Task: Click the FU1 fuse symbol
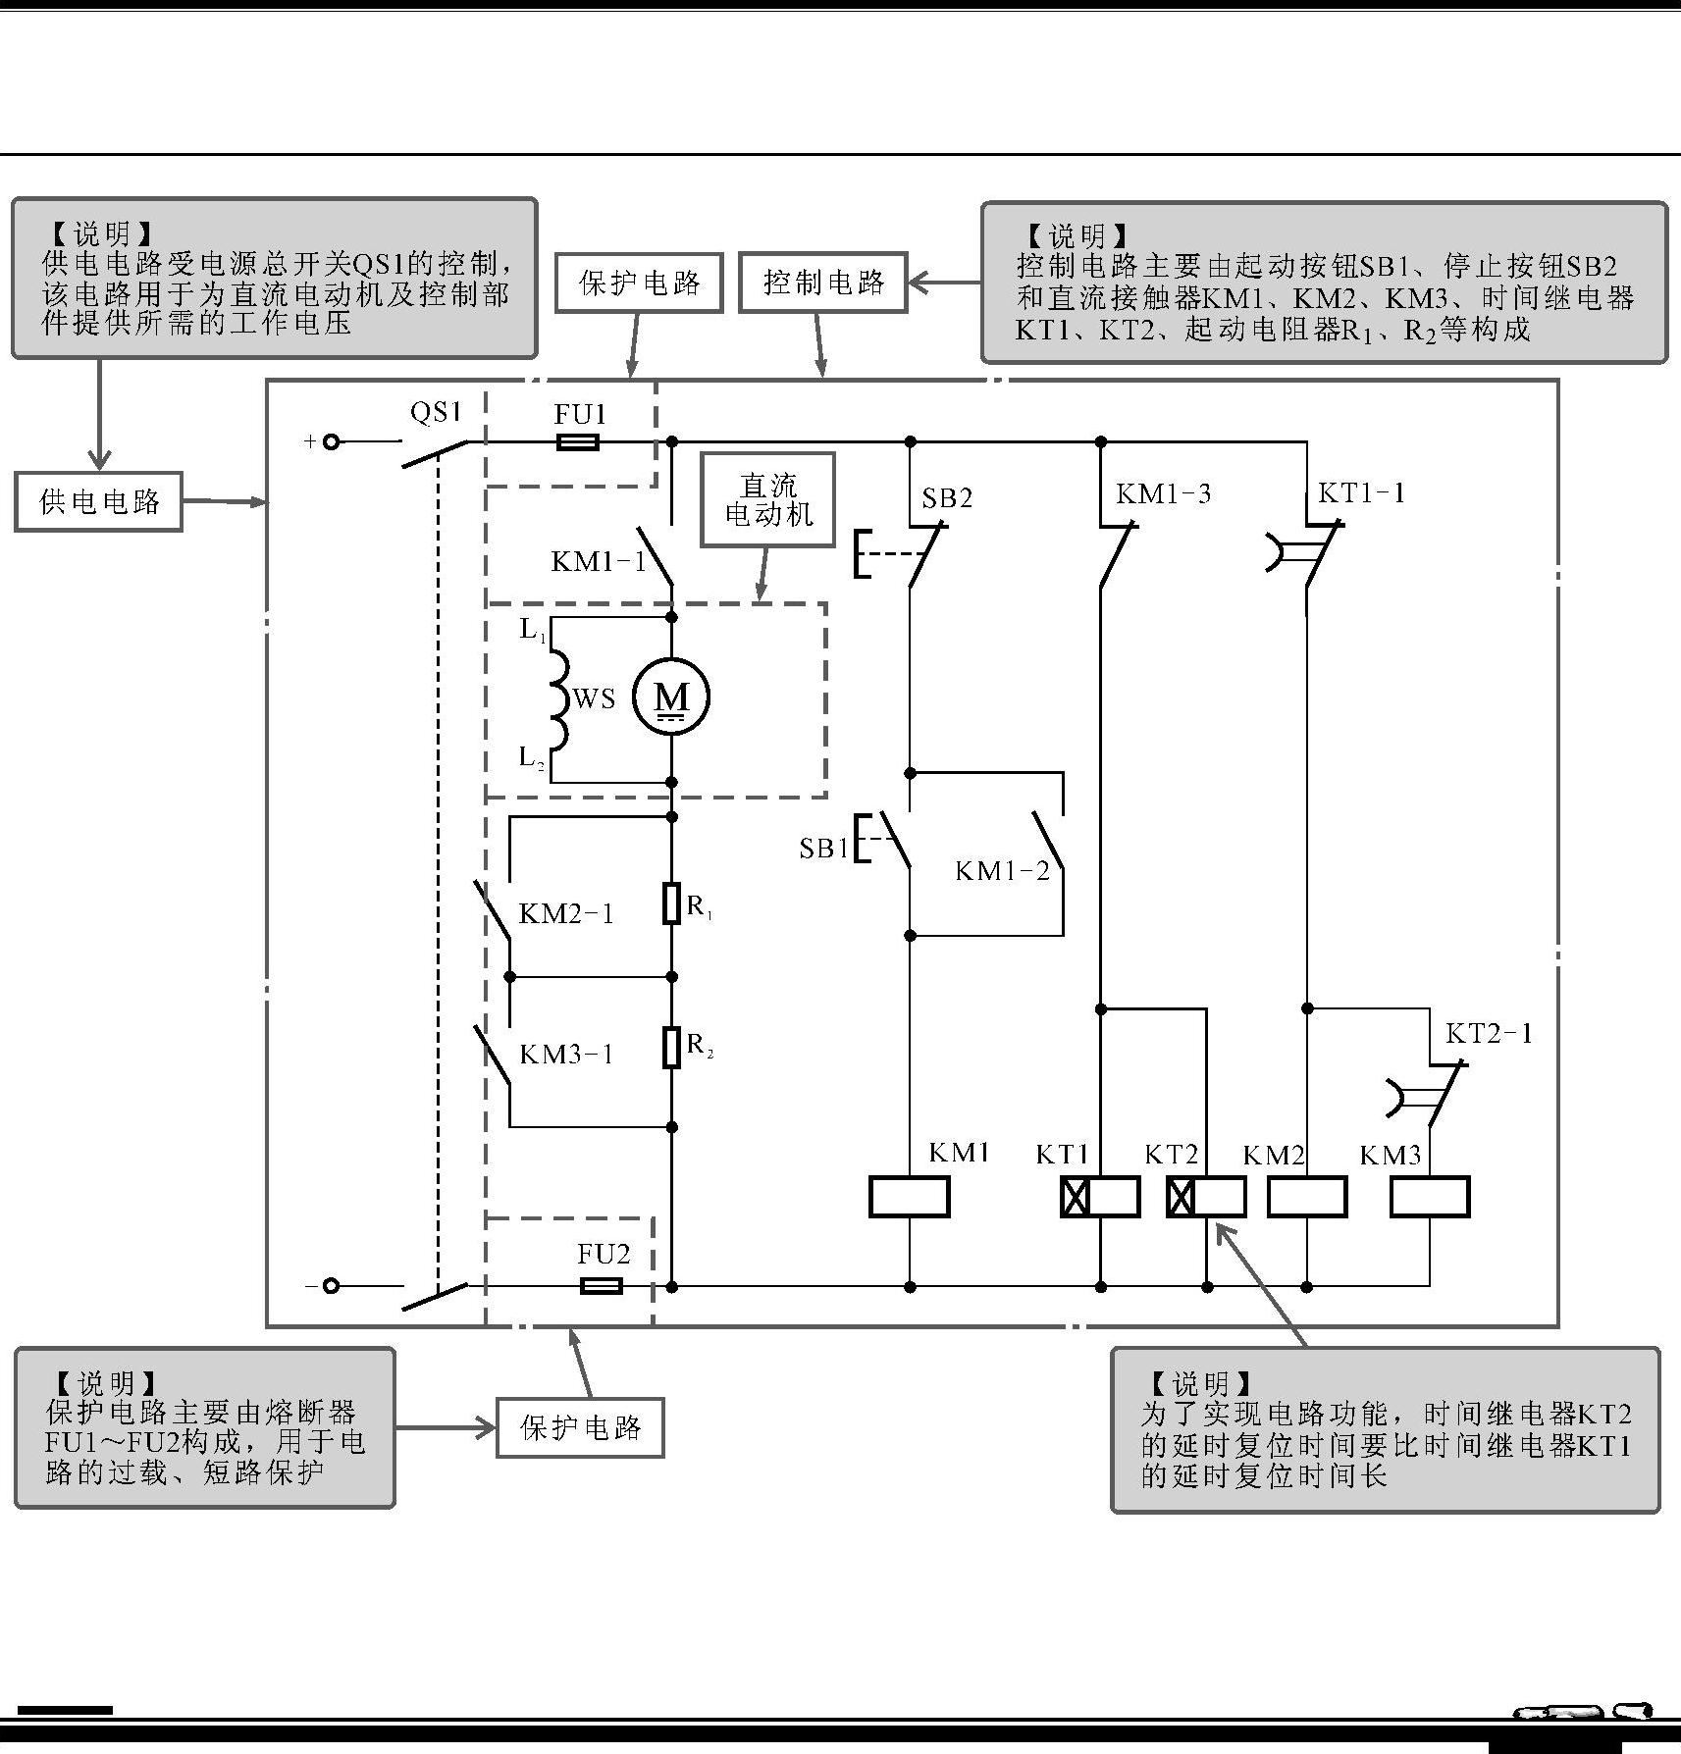[578, 442]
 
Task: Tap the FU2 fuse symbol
[601, 1285]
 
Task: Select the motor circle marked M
[671, 697]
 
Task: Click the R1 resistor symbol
[671, 903]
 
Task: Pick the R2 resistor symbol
[671, 1047]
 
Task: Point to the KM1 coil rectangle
[910, 1197]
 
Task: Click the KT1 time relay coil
[1100, 1197]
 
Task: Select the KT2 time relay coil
[1206, 1197]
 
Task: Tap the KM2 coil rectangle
[1307, 1197]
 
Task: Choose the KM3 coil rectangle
[1430, 1197]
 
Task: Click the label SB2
[947, 498]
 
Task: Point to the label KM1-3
[1163, 493]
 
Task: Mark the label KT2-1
[1488, 1033]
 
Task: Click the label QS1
[436, 412]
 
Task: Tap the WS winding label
[594, 699]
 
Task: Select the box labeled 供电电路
[99, 502]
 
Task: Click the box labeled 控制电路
[823, 283]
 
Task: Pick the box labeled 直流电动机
[768, 499]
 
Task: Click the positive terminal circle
[332, 442]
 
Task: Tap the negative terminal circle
[332, 1285]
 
